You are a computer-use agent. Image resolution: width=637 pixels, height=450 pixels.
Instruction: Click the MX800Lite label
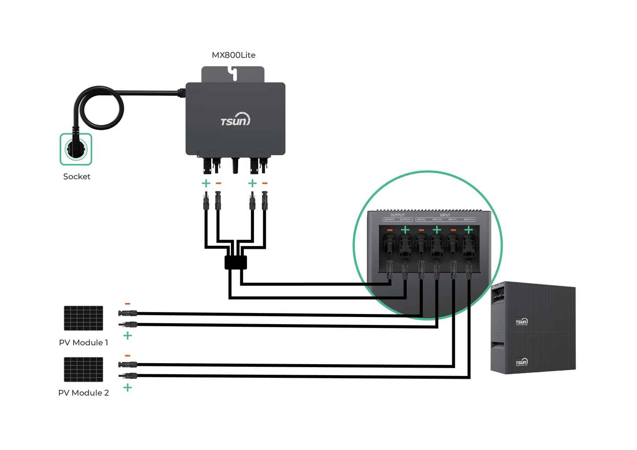point(233,55)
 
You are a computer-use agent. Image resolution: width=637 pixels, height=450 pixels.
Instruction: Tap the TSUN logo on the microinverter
point(235,120)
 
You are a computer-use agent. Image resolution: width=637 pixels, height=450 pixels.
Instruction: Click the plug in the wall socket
point(76,149)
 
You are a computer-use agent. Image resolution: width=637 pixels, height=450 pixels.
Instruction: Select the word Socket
point(77,177)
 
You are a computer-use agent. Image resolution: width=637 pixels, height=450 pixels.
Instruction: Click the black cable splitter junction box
point(236,262)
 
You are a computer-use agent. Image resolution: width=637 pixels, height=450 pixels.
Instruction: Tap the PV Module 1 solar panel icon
point(83,318)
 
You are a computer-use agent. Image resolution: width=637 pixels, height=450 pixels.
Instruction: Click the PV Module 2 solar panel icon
point(83,369)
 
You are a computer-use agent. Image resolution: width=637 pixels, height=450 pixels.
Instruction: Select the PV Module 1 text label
point(83,343)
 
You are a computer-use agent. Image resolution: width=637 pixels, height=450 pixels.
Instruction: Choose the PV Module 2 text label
point(83,393)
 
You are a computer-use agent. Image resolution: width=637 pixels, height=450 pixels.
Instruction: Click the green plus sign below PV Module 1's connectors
point(128,336)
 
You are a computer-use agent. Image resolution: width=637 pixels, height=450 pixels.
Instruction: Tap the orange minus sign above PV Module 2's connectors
point(128,355)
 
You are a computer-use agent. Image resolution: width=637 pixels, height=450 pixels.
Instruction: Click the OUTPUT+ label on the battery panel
point(405,220)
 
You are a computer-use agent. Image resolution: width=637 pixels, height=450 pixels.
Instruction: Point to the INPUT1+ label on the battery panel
point(469,220)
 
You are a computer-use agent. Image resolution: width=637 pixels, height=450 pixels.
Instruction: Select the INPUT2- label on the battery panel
point(421,220)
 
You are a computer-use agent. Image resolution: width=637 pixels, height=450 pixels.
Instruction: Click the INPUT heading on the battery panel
point(445,215)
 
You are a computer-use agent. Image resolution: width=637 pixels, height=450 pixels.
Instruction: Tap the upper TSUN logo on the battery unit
point(522,322)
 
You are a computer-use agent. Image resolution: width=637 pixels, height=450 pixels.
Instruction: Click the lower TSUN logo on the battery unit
point(522,362)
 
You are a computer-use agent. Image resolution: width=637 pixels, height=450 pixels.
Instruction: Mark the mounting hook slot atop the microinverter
point(233,74)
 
